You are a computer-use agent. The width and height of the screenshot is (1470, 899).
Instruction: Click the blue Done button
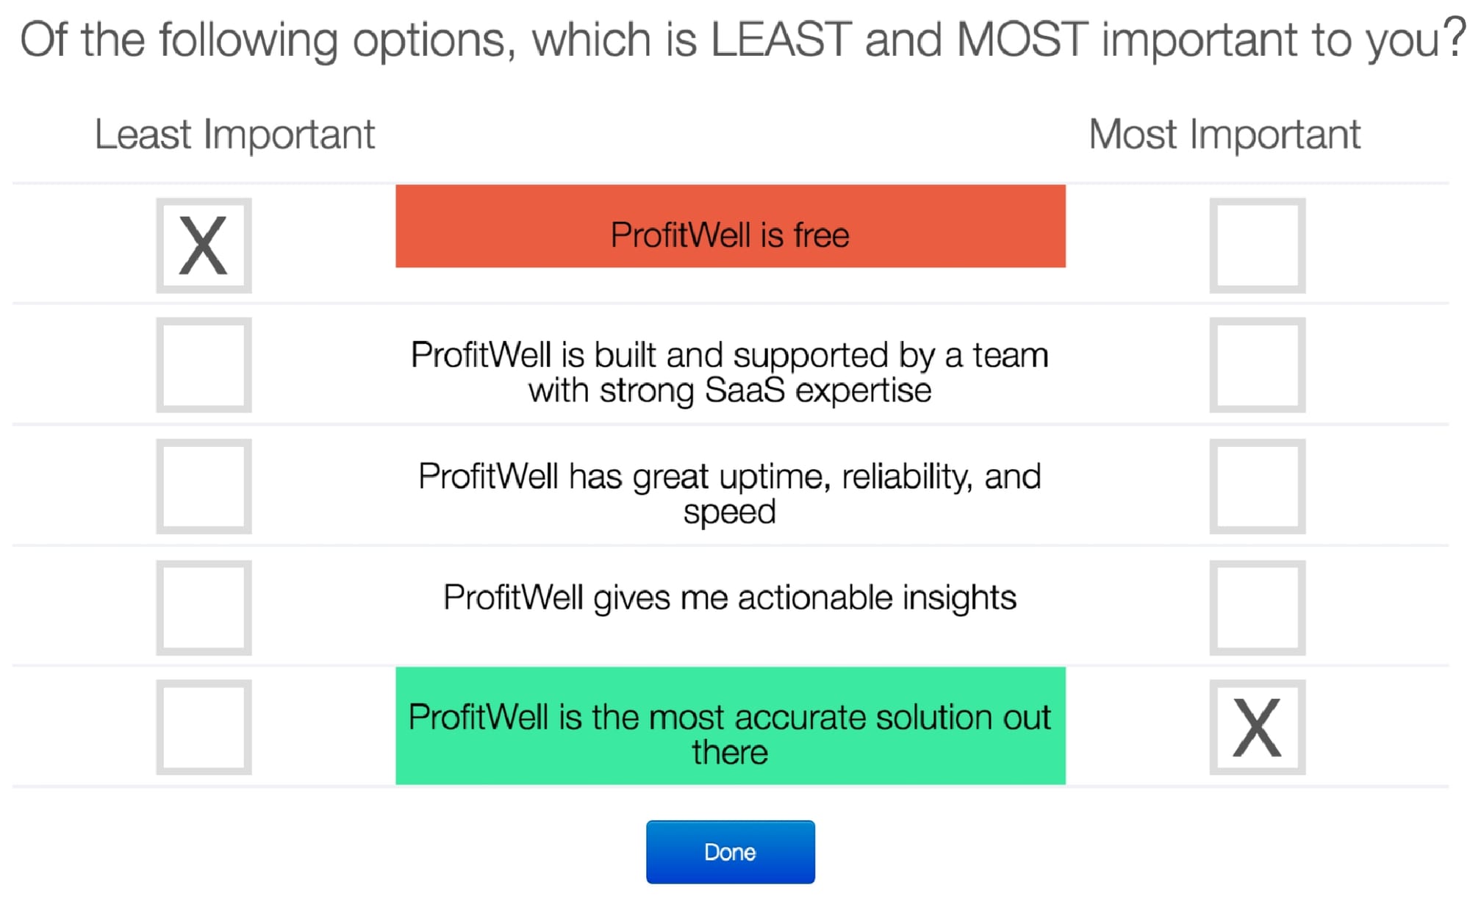[730, 851]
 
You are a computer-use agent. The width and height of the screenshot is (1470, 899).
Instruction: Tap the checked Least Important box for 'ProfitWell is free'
[204, 246]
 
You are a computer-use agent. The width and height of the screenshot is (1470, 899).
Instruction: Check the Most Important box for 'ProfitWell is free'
[1258, 246]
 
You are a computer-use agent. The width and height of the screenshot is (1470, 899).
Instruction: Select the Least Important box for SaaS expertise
[204, 365]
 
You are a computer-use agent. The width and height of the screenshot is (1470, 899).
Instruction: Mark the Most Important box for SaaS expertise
[1258, 365]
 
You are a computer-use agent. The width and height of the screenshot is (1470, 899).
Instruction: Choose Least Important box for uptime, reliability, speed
[204, 486]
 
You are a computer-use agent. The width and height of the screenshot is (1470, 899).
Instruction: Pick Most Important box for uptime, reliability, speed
[1258, 486]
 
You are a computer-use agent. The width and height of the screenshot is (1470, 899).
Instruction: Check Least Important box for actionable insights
[204, 608]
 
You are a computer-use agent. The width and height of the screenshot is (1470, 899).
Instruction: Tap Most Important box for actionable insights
[1258, 608]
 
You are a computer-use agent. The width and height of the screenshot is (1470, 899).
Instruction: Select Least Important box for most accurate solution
[204, 727]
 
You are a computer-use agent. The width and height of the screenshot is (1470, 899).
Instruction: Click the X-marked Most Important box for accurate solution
[1258, 727]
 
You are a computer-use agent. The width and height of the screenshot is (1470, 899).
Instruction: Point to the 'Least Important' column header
[235, 135]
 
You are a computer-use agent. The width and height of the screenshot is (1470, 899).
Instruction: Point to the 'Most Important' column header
[1225, 135]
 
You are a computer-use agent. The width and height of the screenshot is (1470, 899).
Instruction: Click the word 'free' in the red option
[821, 235]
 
